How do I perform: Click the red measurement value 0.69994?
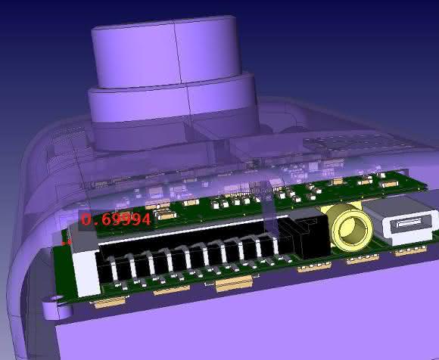coord(116,219)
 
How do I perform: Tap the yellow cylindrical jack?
coord(349,227)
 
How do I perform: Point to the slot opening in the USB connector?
coord(409,223)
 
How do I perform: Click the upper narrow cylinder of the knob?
coord(167,51)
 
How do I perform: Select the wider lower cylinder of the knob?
coord(173,112)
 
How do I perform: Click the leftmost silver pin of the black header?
coord(114,268)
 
